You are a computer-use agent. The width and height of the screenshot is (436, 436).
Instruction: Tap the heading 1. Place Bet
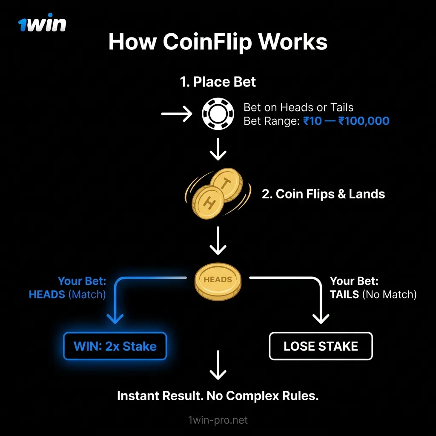218,81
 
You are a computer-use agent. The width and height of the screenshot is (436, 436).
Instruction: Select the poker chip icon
218,114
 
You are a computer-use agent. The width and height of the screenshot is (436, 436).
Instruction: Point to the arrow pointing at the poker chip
176,114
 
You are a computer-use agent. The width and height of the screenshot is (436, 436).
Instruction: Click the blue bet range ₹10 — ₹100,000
346,121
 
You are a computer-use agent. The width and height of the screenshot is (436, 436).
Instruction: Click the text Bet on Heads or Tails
298,108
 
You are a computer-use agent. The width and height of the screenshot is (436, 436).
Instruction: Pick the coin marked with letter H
207,203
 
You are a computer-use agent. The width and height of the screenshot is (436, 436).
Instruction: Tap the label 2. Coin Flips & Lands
323,194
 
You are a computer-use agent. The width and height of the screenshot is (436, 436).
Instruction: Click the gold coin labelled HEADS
218,281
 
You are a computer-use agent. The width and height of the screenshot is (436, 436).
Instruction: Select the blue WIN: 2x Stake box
115,346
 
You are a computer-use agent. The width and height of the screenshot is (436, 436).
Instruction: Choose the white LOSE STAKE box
321,346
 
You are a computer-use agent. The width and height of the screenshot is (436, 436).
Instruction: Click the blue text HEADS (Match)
67,294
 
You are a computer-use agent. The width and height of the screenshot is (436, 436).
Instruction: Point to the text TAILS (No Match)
373,294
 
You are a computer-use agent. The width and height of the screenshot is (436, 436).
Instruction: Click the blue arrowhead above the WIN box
115,318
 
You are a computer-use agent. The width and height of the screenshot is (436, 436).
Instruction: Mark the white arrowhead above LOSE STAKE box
321,318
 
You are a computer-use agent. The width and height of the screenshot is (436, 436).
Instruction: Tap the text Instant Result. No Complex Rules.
218,396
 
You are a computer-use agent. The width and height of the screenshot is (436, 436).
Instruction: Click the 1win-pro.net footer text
218,420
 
